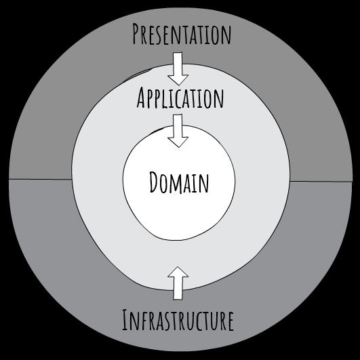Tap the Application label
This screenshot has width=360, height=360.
click(180, 99)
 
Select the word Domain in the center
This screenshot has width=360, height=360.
click(179, 182)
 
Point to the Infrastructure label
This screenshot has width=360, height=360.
click(178, 319)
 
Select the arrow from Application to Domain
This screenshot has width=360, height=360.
click(179, 131)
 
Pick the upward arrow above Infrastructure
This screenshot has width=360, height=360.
click(178, 283)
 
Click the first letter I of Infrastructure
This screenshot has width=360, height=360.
click(125, 320)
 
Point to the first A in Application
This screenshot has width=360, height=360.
click(142, 99)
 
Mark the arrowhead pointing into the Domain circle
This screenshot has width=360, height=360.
click(179, 140)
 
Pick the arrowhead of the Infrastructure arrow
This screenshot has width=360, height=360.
click(178, 272)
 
